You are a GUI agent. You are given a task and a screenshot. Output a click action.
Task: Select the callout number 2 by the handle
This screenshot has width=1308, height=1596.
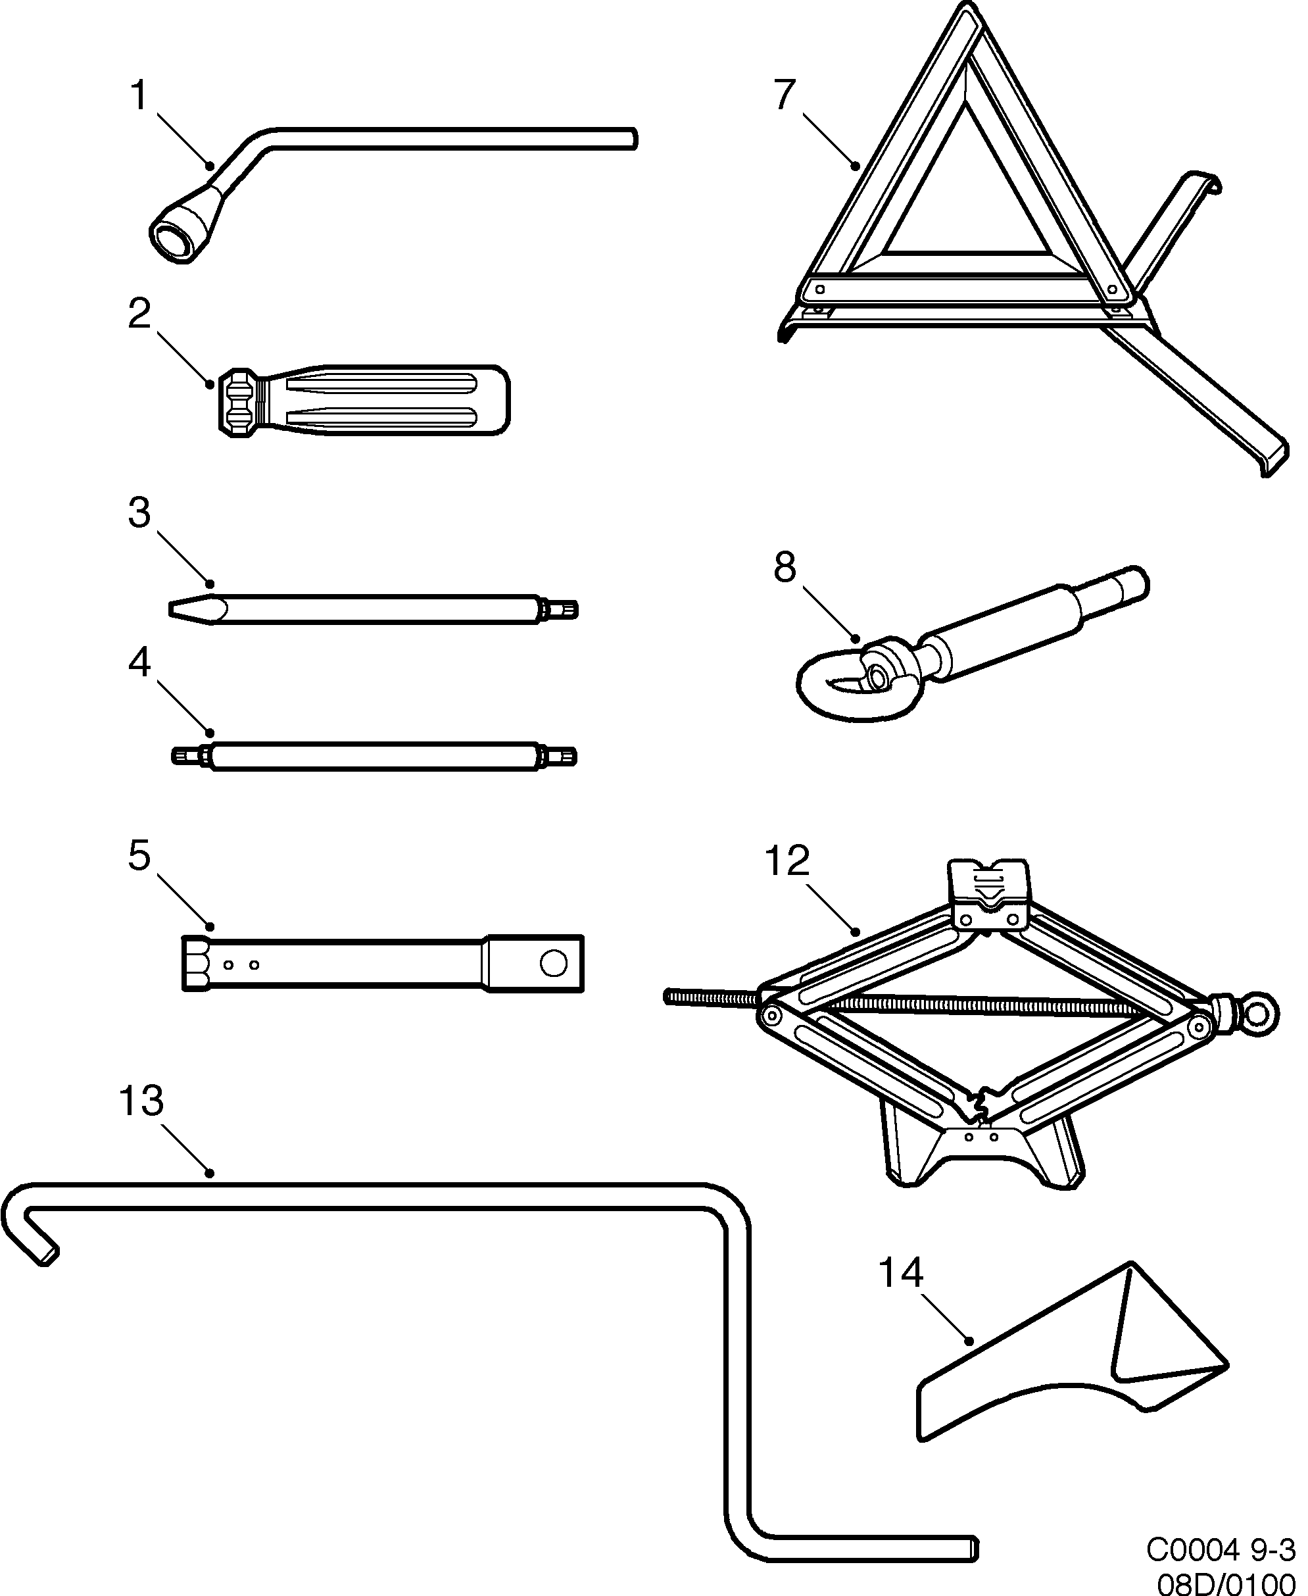click(x=139, y=314)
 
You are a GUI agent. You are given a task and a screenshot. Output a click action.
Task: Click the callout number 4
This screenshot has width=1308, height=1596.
click(x=139, y=663)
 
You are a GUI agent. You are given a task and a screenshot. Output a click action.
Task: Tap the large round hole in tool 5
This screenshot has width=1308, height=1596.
click(x=554, y=963)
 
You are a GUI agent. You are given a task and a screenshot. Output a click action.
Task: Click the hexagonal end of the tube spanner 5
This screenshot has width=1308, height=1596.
click(x=197, y=963)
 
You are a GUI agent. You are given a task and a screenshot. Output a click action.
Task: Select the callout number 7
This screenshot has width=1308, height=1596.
click(x=785, y=95)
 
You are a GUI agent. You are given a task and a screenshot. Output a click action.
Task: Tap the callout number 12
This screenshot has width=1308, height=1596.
click(x=787, y=860)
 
